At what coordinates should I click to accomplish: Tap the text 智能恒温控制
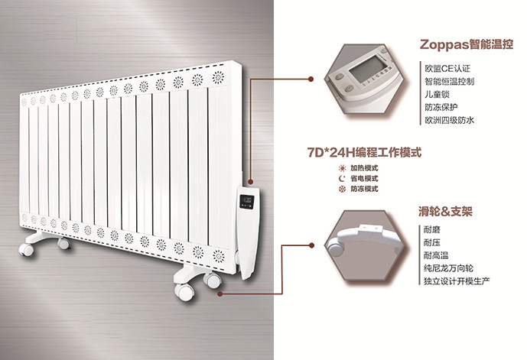(450, 80)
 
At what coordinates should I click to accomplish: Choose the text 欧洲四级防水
(450, 120)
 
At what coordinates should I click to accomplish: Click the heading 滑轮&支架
(450, 209)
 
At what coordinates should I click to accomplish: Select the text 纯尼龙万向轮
(450, 269)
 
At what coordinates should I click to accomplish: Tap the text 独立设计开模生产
(457, 282)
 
